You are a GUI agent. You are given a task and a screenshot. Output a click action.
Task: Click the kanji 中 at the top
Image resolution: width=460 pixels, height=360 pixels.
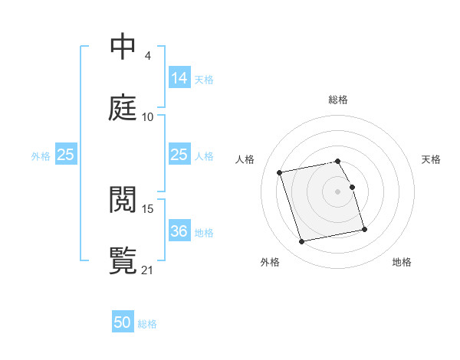point(123,47)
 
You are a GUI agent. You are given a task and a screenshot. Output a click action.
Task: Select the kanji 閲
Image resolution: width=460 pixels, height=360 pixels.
point(123,200)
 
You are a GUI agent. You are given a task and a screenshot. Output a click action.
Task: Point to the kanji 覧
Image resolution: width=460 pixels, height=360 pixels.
point(123,260)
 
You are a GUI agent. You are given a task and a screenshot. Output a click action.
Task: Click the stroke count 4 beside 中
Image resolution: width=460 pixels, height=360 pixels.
point(147,56)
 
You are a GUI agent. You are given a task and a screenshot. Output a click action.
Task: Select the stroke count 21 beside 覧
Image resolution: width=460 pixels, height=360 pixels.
point(147,270)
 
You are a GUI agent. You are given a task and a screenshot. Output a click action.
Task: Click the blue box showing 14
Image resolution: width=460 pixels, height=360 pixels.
point(179,77)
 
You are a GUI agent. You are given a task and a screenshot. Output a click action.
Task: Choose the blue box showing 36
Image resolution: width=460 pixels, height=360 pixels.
point(179,231)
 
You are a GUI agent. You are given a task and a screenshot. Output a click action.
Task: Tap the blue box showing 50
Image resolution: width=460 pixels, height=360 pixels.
point(123,322)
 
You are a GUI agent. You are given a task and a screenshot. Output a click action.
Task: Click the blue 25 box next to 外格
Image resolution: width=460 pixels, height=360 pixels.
point(66,155)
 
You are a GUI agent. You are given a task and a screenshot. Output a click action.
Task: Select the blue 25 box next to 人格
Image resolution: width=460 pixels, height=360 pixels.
point(179,155)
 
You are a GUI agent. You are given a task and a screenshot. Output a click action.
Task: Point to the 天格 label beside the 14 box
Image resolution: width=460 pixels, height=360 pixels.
point(204,79)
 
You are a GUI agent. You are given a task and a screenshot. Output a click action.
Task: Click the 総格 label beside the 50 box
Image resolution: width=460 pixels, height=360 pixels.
point(147,324)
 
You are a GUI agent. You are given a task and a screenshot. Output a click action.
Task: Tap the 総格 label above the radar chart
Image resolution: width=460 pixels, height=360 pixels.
point(338,100)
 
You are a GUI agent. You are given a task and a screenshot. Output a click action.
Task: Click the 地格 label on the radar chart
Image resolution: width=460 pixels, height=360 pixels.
point(402,262)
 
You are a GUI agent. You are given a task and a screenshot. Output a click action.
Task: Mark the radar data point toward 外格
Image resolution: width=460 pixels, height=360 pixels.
point(302,242)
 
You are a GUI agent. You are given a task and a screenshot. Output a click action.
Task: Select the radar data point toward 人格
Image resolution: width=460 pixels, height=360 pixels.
point(280,172)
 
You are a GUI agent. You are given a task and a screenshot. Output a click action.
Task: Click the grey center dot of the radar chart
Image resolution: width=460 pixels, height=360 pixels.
point(338,191)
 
